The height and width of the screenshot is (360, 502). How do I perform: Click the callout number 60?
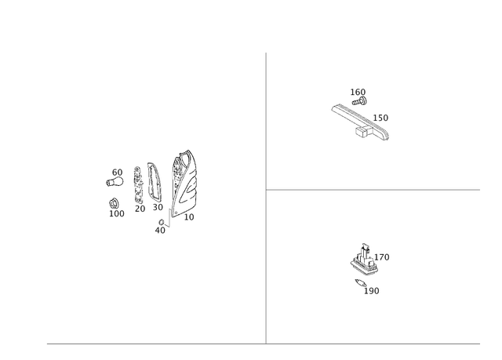pyautogui.click(x=117, y=173)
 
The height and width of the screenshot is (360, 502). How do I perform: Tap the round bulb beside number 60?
pyautogui.click(x=115, y=182)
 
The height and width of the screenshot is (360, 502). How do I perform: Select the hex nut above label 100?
pyautogui.click(x=113, y=203)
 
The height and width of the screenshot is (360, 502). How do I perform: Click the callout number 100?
pyautogui.click(x=117, y=214)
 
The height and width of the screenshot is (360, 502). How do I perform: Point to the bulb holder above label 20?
pyautogui.click(x=138, y=185)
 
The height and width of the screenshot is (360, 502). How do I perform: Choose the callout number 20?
pyautogui.click(x=140, y=209)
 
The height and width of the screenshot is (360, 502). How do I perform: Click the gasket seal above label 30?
pyautogui.click(x=155, y=182)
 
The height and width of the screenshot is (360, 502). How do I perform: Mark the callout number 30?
pyautogui.click(x=158, y=207)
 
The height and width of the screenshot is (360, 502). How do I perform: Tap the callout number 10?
pyautogui.click(x=189, y=217)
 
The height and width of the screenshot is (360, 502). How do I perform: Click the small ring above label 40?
pyautogui.click(x=162, y=222)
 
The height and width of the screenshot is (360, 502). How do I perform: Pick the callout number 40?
pyautogui.click(x=160, y=231)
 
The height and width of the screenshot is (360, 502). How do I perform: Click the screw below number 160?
pyautogui.click(x=359, y=102)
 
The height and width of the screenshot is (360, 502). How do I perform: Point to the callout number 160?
pyautogui.click(x=358, y=93)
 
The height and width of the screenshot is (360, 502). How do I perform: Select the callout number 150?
pyautogui.click(x=380, y=118)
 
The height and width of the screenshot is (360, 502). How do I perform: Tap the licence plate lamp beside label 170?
pyautogui.click(x=364, y=260)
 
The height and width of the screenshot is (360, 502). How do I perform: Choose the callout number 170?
pyautogui.click(x=382, y=257)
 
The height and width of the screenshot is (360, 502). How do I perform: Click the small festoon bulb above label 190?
pyautogui.click(x=360, y=283)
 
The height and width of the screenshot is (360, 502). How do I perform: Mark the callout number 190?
pyautogui.click(x=371, y=291)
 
